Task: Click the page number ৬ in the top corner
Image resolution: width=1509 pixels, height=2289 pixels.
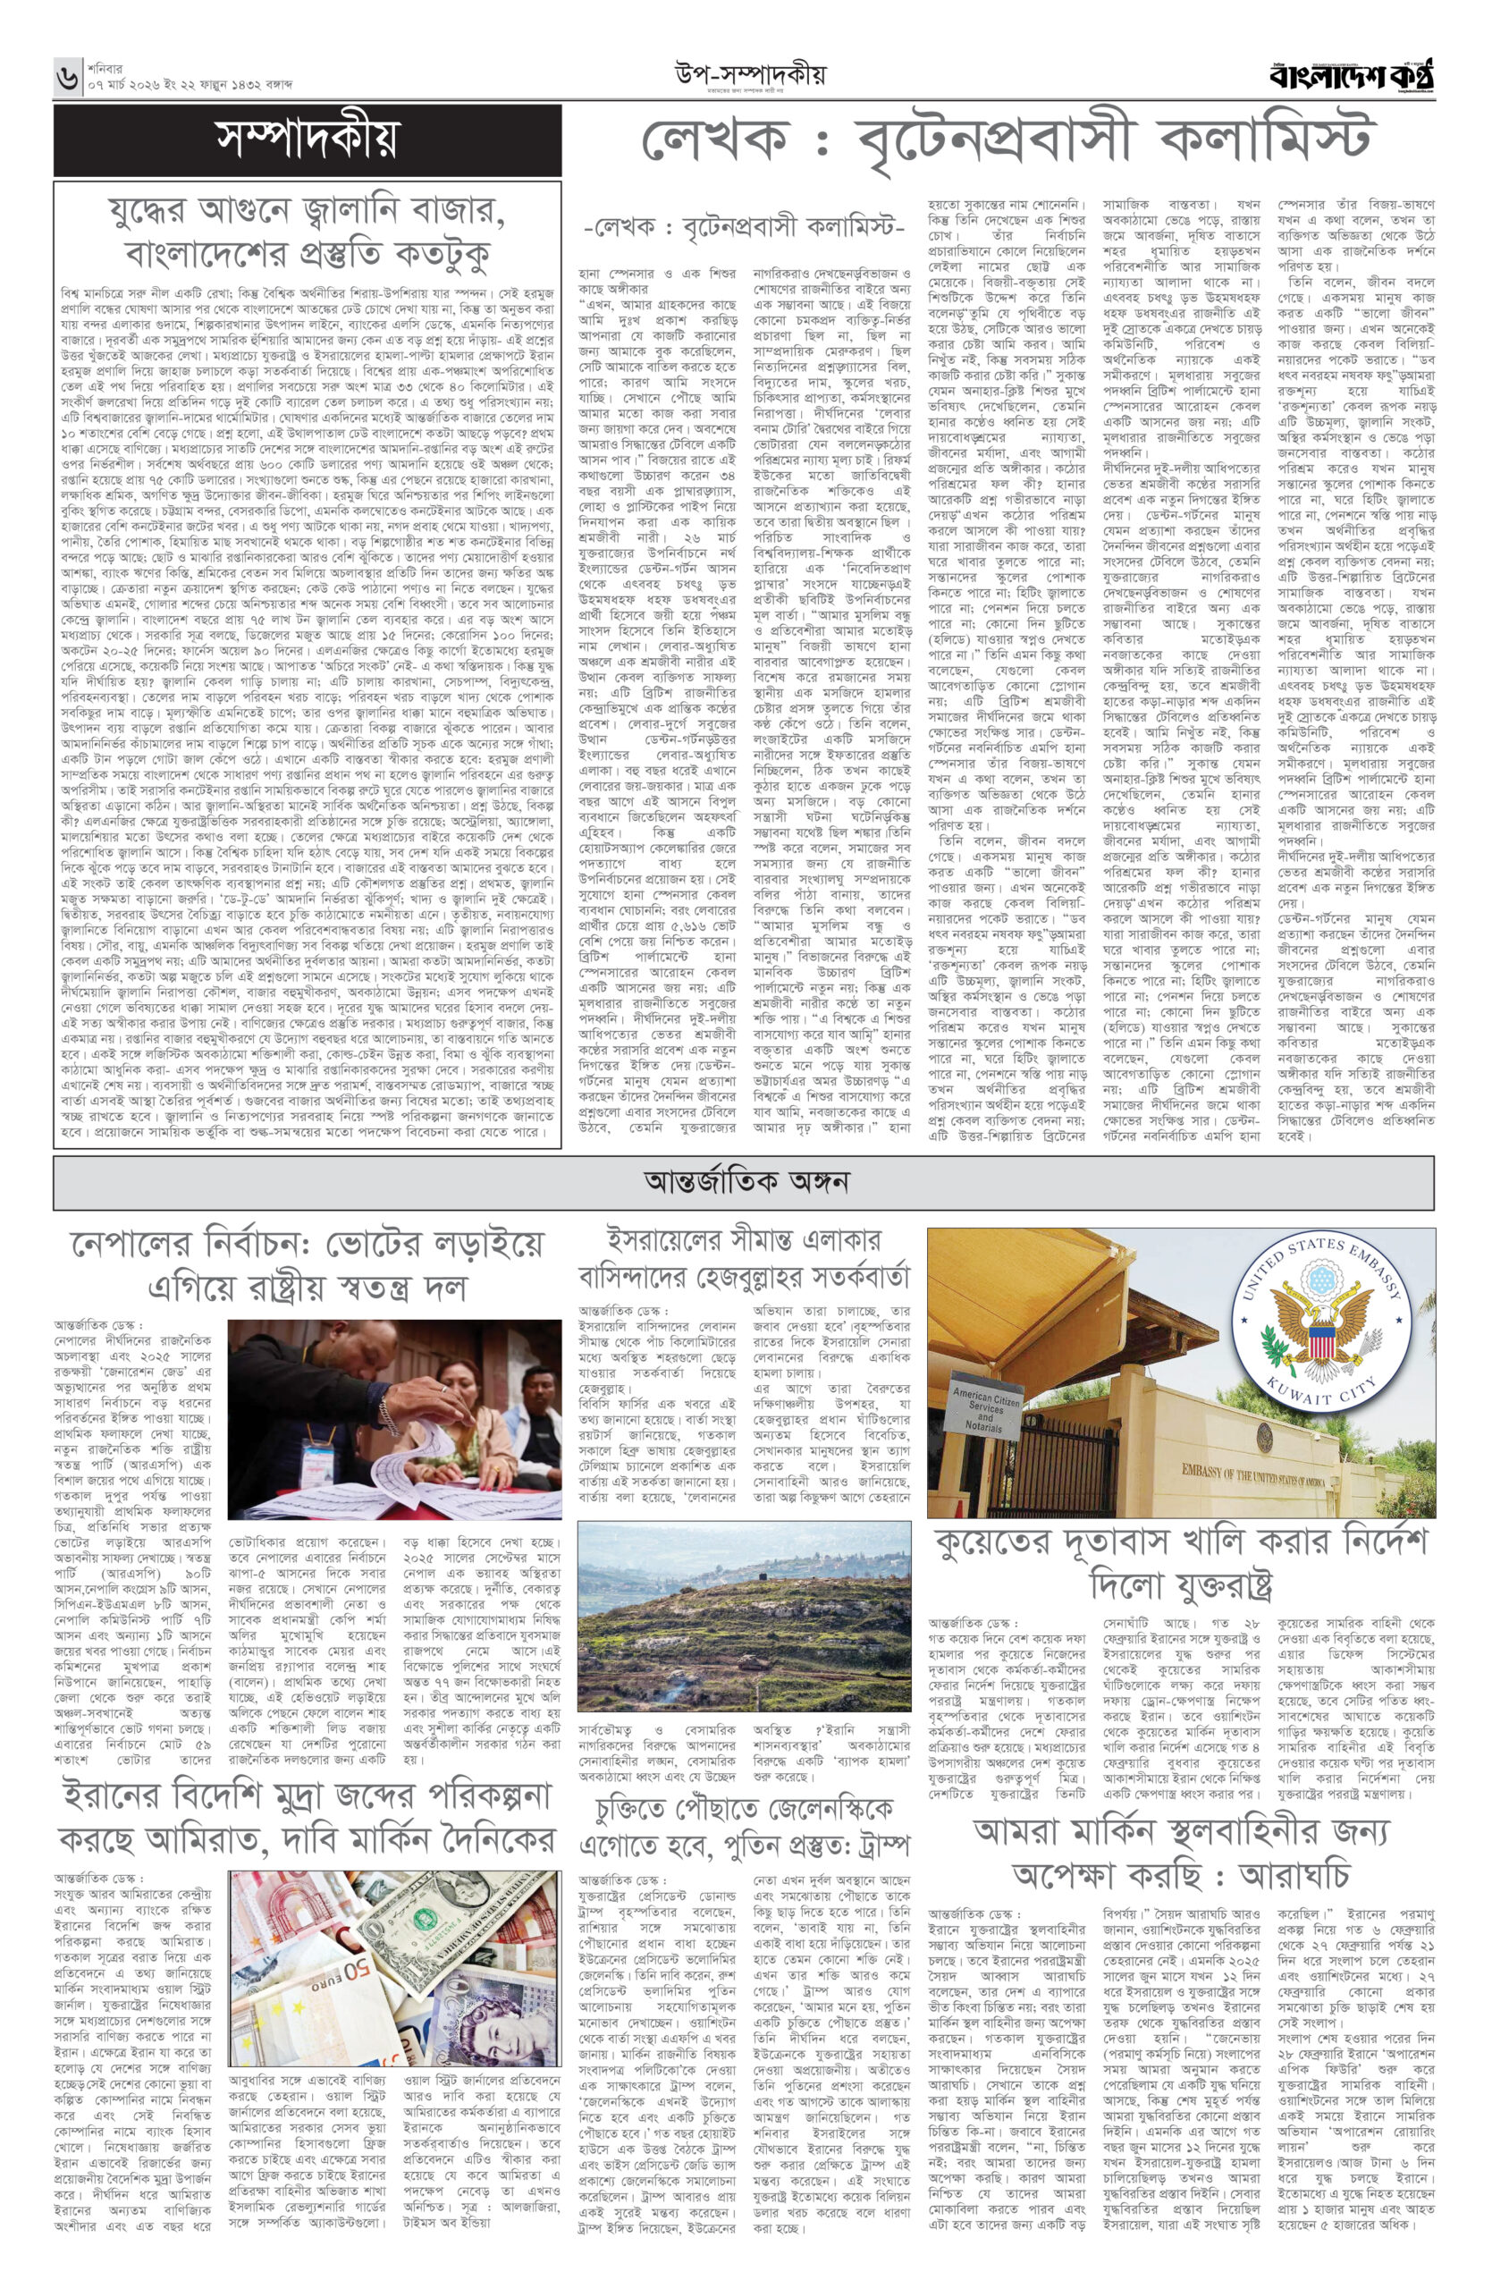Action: [x=66, y=76]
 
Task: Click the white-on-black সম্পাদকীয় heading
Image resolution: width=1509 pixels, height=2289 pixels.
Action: [x=307, y=140]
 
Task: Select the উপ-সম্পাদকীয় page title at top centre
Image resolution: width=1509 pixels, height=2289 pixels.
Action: [x=750, y=73]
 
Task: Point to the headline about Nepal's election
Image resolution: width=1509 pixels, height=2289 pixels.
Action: [x=307, y=1265]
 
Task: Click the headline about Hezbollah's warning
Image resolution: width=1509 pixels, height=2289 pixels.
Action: [x=744, y=1259]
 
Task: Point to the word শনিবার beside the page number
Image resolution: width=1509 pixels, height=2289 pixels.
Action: [x=108, y=67]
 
